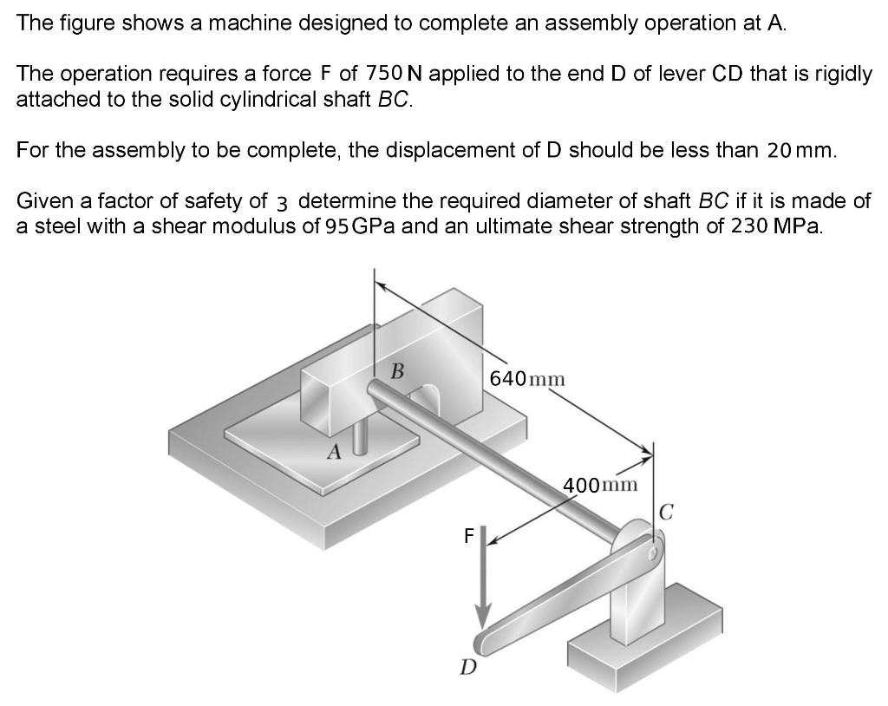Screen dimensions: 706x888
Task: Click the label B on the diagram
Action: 397,372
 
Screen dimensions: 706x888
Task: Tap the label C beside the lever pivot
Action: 666,510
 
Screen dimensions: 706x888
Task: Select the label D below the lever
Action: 467,667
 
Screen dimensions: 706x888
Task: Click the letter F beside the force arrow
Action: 469,536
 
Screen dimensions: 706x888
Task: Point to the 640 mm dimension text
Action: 527,379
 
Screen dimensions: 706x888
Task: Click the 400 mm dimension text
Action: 600,484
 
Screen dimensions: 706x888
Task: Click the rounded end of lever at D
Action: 482,643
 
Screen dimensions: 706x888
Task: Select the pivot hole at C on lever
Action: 653,548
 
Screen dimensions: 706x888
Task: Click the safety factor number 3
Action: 283,202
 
